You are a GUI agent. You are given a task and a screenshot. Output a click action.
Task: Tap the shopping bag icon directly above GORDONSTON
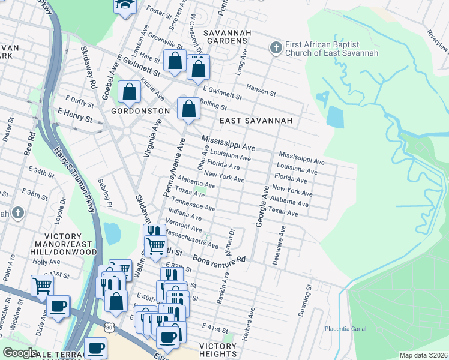point(129,92)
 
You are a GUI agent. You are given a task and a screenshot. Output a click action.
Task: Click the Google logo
point(20,353)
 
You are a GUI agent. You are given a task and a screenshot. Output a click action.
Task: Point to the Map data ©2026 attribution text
point(423,355)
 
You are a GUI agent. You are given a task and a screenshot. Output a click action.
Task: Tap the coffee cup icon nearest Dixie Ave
point(58,306)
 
